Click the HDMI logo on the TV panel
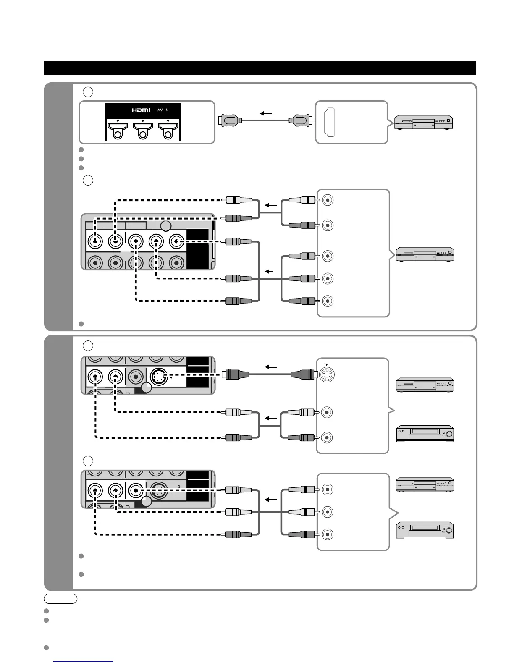click(141, 110)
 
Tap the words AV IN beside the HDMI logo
click(163, 110)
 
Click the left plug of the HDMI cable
click(229, 120)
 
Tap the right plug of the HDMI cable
click(299, 120)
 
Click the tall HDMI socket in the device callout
click(330, 122)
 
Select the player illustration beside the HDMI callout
click(423, 122)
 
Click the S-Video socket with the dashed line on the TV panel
click(159, 377)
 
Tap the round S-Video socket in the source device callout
click(326, 374)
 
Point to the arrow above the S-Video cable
click(270, 367)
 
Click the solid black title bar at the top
click(260, 68)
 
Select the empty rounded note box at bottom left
click(60, 599)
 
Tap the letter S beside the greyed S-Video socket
click(179, 487)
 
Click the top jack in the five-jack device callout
click(328, 200)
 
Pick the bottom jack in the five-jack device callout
click(328, 301)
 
